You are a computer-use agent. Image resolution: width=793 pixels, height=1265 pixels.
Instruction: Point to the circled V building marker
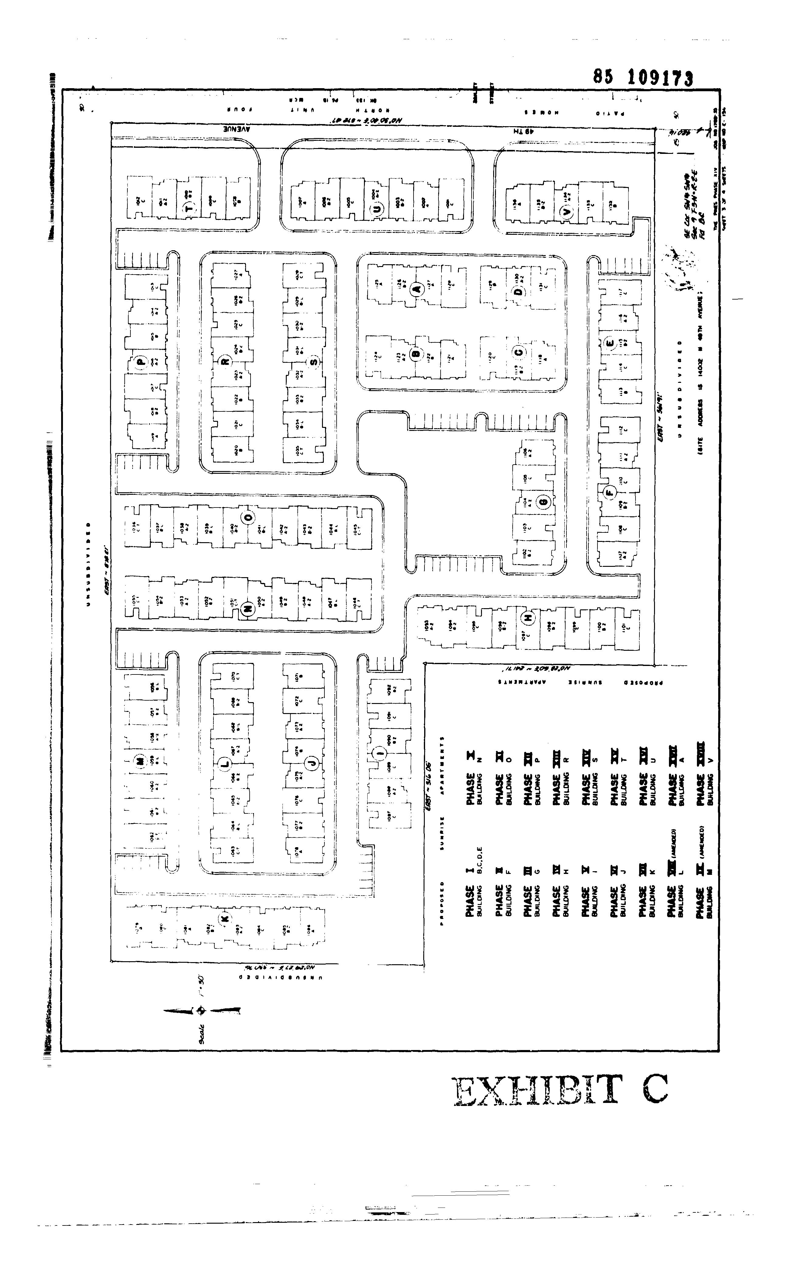click(565, 212)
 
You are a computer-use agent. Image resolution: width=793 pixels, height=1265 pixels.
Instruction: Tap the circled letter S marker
click(313, 361)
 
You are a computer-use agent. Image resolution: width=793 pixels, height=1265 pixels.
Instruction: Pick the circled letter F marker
click(609, 492)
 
